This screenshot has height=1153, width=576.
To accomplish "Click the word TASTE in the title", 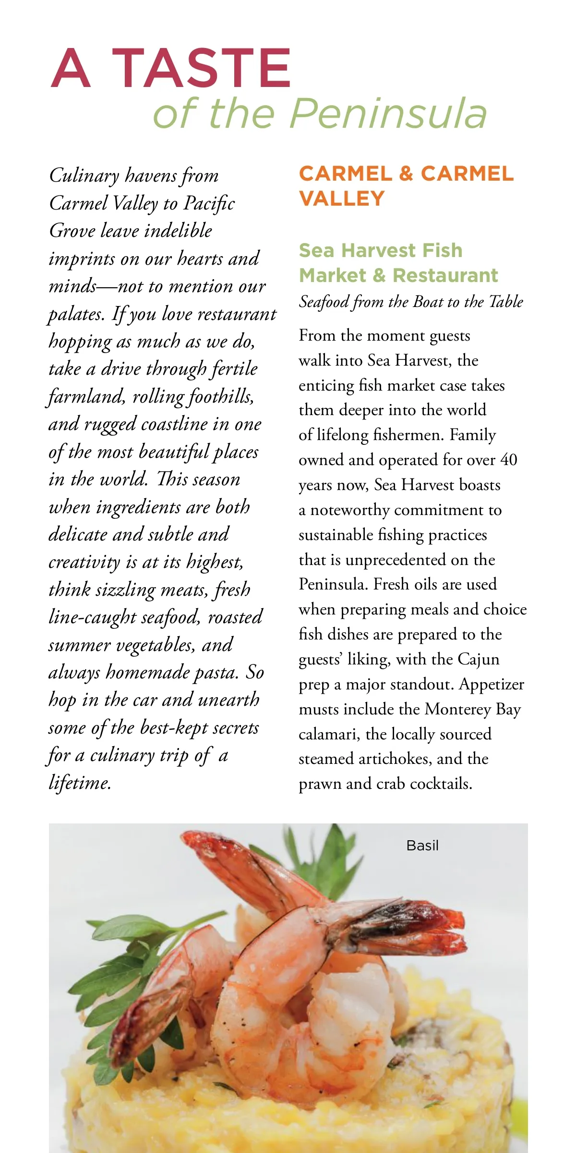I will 202,68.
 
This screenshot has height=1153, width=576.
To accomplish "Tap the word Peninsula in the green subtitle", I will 388,113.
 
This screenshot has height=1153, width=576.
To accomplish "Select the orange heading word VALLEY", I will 342,198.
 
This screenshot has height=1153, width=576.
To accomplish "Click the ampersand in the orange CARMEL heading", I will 406,174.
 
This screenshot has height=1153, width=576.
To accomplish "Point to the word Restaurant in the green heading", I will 445,275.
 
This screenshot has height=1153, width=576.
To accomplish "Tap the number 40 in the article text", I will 508,460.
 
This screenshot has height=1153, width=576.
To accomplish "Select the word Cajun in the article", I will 478,659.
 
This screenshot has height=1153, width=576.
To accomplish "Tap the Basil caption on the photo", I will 422,846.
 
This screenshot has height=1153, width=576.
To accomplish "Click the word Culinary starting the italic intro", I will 84,176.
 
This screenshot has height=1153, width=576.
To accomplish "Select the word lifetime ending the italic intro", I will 80,783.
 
